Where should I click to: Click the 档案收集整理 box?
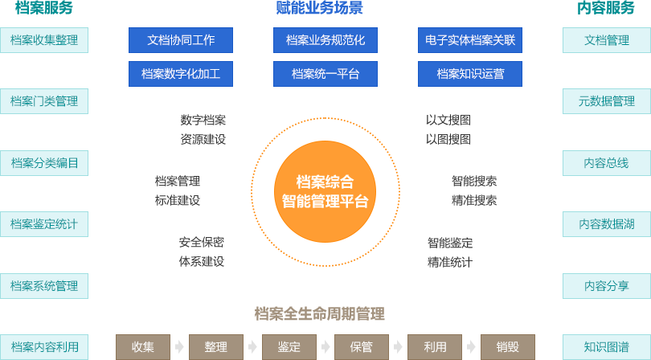click(x=43, y=40)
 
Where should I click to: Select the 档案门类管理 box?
click(x=43, y=101)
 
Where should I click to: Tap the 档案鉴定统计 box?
click(x=43, y=224)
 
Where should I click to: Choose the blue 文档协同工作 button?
click(x=181, y=40)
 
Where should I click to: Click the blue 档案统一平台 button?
click(x=325, y=74)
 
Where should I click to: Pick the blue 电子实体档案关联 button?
click(x=470, y=40)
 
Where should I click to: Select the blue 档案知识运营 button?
click(x=470, y=74)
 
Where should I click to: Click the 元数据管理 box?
click(x=606, y=101)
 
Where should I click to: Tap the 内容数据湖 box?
click(x=606, y=224)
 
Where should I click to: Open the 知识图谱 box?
click(x=606, y=347)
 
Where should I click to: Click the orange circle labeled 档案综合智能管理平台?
click(x=325, y=191)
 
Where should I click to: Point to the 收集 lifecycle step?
click(x=143, y=347)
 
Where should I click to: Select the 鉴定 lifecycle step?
click(x=289, y=347)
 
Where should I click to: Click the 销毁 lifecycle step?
click(x=507, y=347)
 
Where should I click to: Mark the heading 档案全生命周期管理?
click(x=319, y=313)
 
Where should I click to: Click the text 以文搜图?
click(x=448, y=120)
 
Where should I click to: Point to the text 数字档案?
click(x=203, y=120)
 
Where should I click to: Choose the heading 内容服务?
click(x=606, y=9)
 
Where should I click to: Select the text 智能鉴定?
click(x=450, y=242)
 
